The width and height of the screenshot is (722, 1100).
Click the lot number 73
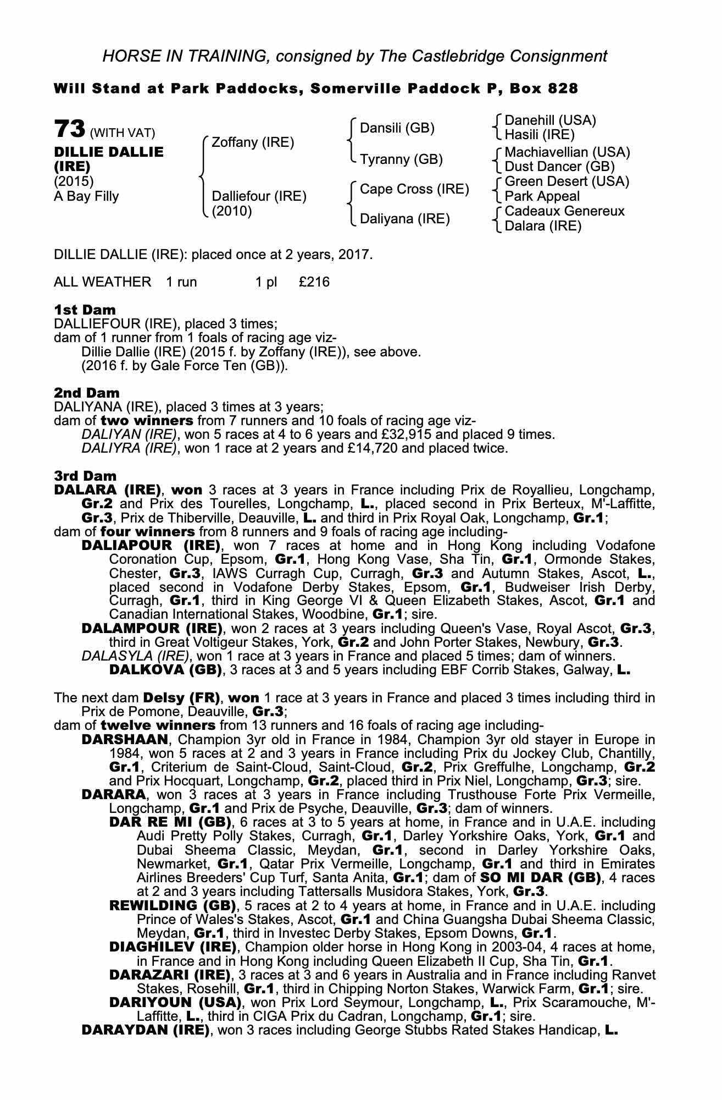pos(69,129)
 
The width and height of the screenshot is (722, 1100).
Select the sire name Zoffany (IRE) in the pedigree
pos(253,142)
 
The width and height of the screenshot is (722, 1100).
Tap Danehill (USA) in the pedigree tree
pos(550,120)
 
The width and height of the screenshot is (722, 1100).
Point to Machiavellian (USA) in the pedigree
pos(567,152)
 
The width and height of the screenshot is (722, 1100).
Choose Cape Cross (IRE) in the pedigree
pos(414,189)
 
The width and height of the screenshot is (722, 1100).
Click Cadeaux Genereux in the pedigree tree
pos(564,211)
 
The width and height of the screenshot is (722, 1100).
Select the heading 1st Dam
pos(85,310)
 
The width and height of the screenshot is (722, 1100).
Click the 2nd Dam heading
pos(87,393)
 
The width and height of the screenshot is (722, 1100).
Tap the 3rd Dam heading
pos(85,475)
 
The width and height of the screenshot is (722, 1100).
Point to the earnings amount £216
pos(314,282)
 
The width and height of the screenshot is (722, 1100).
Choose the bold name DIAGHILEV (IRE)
pos(173,947)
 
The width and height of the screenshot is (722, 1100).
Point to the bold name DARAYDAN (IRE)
pos(145,1030)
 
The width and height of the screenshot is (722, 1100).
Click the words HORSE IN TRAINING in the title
pos(186,56)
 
